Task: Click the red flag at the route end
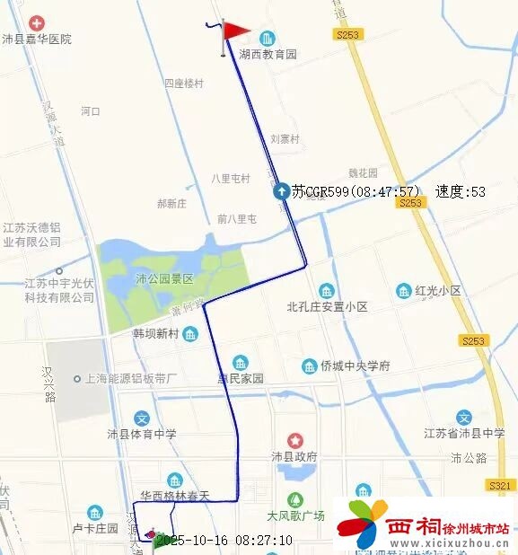[x=235, y=31]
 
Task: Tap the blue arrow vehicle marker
[x=281, y=190]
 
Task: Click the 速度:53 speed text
[x=460, y=191]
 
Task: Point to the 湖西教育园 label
[x=268, y=54]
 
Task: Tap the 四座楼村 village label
[x=183, y=84]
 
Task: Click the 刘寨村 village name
[x=285, y=139]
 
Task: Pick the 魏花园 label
[x=363, y=173]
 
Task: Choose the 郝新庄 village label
[x=171, y=204]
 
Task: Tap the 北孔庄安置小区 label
[x=327, y=306]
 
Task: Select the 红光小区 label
[x=437, y=291]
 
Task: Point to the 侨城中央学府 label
[x=356, y=366]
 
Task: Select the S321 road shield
[x=498, y=485]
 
